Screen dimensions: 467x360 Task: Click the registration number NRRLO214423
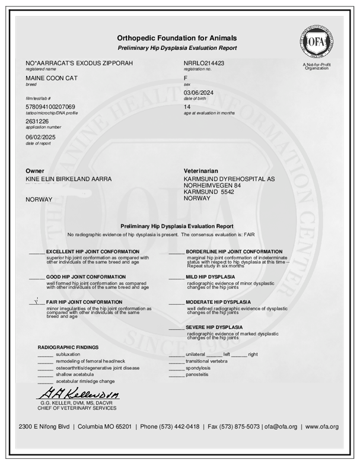(204, 62)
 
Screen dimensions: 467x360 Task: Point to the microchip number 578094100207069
(50, 106)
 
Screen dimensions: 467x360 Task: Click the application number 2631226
(37, 120)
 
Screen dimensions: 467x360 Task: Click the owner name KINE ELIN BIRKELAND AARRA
(68, 179)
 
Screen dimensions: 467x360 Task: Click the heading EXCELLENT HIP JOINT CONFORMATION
(88, 252)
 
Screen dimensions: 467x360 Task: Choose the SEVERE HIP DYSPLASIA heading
(214, 327)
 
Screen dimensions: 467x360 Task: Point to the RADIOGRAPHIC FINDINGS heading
(68, 347)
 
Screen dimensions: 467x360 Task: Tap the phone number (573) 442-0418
(177, 427)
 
